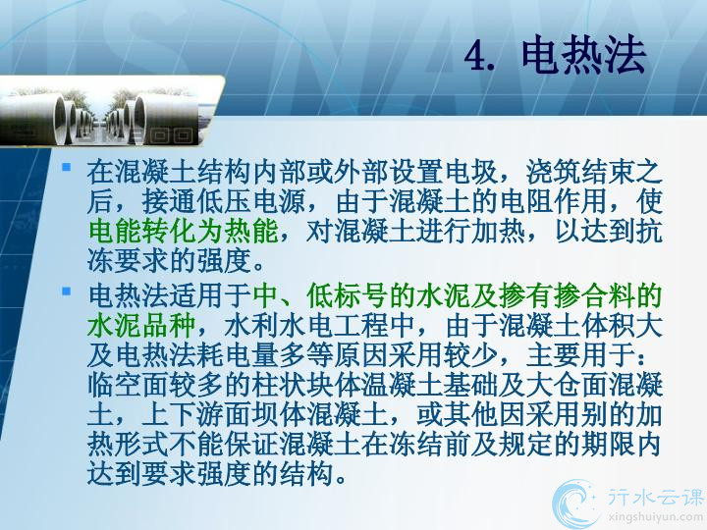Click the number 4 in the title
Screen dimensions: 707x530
point(475,56)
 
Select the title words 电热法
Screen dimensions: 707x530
point(584,55)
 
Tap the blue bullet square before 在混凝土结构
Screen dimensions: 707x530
point(67,167)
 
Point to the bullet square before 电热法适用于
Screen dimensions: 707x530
point(67,291)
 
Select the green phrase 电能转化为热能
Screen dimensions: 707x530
point(184,232)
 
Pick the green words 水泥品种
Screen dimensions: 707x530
point(141,326)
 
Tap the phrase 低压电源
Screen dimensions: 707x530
point(252,201)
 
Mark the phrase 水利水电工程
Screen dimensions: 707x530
point(306,326)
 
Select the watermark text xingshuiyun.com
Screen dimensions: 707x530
point(656,517)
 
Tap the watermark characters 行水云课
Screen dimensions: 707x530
point(655,497)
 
